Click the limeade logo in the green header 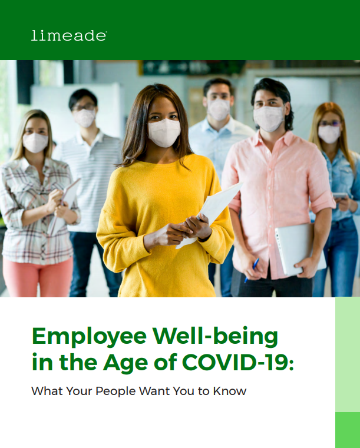tap(69, 36)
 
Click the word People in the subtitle tap(115, 391)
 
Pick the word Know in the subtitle tap(230, 391)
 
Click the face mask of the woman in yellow tap(164, 132)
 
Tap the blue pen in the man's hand tap(252, 270)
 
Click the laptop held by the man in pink tap(300, 249)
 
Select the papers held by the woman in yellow tap(211, 212)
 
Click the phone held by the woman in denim tap(340, 195)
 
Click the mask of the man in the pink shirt tap(269, 118)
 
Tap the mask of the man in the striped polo tap(85, 118)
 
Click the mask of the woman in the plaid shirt tap(35, 142)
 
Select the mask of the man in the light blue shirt tap(219, 109)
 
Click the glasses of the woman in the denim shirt tap(331, 124)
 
